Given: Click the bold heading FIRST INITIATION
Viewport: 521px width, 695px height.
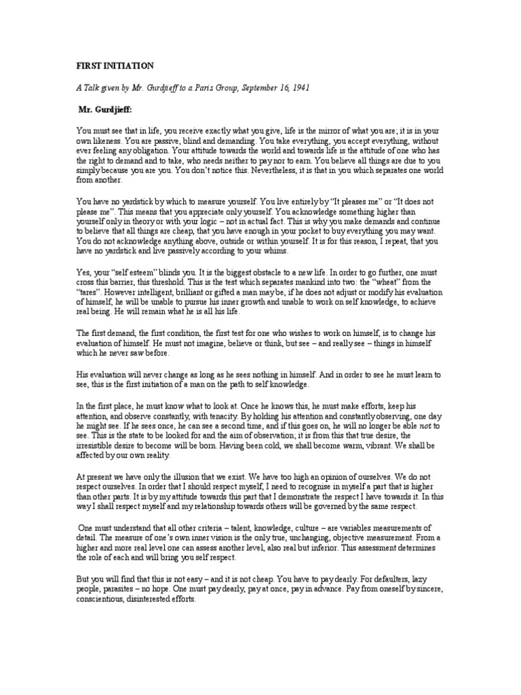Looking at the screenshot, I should pos(115,66).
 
